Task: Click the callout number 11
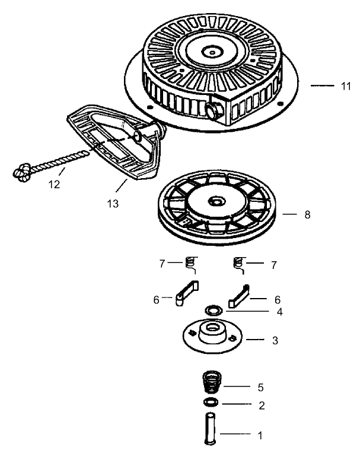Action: tap(346, 86)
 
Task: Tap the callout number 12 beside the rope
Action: tap(54, 184)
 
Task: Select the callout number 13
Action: tap(112, 203)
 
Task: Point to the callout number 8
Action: tap(307, 214)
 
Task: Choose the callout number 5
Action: tap(260, 387)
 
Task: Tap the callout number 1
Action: tap(260, 435)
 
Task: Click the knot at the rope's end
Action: tap(23, 173)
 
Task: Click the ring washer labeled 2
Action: tap(210, 403)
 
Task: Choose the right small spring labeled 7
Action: tap(238, 263)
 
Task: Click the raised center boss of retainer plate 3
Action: tap(211, 332)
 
